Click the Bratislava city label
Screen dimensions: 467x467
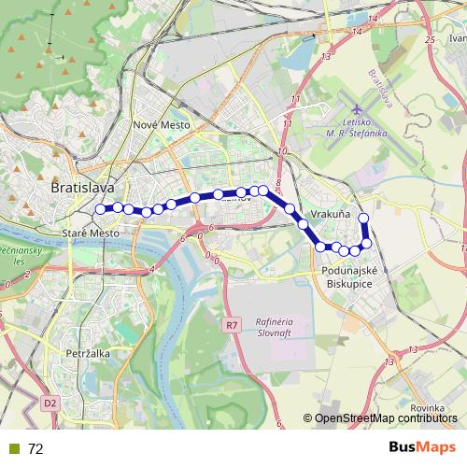coord(82,187)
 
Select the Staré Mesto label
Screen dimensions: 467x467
coord(90,233)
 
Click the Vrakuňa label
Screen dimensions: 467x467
coord(331,215)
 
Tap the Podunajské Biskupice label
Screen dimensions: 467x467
coord(347,277)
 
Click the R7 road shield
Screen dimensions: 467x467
coord(232,325)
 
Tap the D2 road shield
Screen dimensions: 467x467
coord(50,403)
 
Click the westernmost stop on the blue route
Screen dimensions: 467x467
coord(101,209)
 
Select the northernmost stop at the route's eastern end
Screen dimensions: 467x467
coord(363,219)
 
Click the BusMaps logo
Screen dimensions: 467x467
coord(416,448)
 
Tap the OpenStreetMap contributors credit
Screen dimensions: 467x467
coord(387,419)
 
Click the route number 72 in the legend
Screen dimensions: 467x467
coord(35,449)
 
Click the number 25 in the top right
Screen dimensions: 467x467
coord(430,40)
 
